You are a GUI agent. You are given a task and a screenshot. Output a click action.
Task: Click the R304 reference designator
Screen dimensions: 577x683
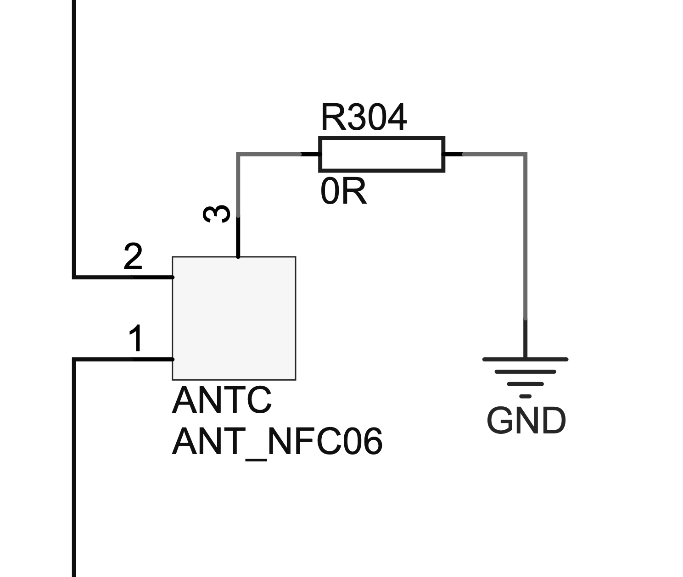coord(363,118)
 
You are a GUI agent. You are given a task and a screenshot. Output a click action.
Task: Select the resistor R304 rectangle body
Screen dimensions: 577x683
coord(381,154)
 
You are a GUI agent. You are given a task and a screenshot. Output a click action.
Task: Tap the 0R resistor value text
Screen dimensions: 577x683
coord(343,192)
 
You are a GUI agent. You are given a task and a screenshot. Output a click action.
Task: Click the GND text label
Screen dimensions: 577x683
coord(526,421)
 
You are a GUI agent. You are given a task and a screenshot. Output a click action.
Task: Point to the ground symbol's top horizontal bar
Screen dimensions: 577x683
coord(525,359)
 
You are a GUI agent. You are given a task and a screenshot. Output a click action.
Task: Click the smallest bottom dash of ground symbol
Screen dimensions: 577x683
coord(526,396)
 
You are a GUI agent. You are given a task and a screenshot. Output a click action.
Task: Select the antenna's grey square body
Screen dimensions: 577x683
coord(234,318)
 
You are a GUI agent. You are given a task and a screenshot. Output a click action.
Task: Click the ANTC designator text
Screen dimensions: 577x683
coord(222,400)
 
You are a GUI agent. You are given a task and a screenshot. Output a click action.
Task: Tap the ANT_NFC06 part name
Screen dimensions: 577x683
coord(277,442)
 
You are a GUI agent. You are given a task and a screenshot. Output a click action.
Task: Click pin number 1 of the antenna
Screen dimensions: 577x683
coord(136,339)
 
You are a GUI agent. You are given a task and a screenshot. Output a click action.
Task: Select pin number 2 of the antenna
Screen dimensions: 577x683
coord(133,257)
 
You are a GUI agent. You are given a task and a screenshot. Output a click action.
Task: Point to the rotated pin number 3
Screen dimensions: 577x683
coord(217,214)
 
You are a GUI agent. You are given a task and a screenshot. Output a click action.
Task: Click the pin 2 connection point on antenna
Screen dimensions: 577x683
coord(173,277)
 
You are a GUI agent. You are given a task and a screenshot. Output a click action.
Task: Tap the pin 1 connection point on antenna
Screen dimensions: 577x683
coord(173,359)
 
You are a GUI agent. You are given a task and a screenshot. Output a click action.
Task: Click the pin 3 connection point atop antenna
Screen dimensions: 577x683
coord(238,257)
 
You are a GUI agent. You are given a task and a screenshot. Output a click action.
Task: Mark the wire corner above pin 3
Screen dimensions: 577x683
coord(238,155)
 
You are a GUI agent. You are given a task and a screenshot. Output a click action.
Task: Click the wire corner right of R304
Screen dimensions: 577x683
coord(525,155)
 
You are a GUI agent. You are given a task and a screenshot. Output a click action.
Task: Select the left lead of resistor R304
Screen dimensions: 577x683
coord(310,155)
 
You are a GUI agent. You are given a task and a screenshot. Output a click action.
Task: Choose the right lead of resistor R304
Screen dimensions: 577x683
coord(453,155)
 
